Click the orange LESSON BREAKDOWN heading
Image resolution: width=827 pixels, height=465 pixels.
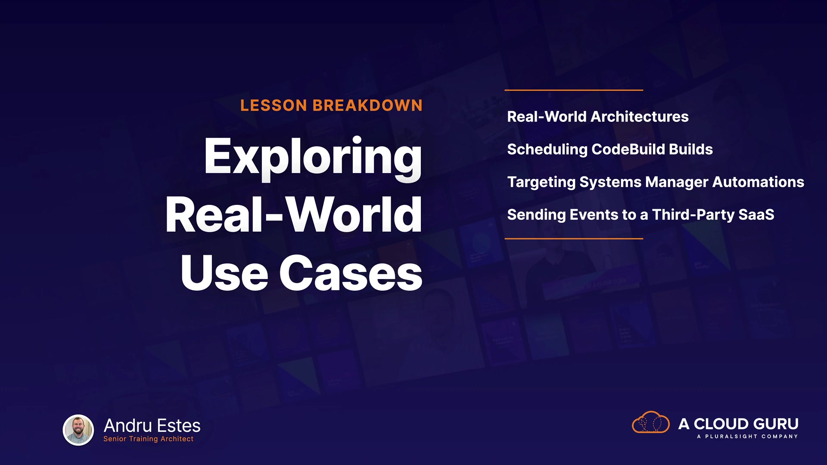coord(331,105)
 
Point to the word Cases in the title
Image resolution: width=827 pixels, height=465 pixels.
coord(351,273)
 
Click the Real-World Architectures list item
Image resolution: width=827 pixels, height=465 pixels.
coord(598,117)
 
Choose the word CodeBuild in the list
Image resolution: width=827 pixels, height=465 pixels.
coord(628,149)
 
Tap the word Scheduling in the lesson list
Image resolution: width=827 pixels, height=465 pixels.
coord(547,150)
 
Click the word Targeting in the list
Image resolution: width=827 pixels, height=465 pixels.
coord(541,183)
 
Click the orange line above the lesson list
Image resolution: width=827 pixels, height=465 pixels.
coord(574,90)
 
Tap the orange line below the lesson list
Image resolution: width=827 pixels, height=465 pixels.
coord(574,238)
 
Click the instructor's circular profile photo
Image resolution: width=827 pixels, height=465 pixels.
coord(78,430)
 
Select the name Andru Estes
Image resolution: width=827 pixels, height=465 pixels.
coord(152,425)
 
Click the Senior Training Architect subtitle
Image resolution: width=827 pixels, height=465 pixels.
coord(148,439)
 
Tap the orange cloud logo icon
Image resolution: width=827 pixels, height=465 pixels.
coord(650,422)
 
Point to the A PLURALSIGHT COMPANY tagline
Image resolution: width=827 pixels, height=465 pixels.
coord(747,437)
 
